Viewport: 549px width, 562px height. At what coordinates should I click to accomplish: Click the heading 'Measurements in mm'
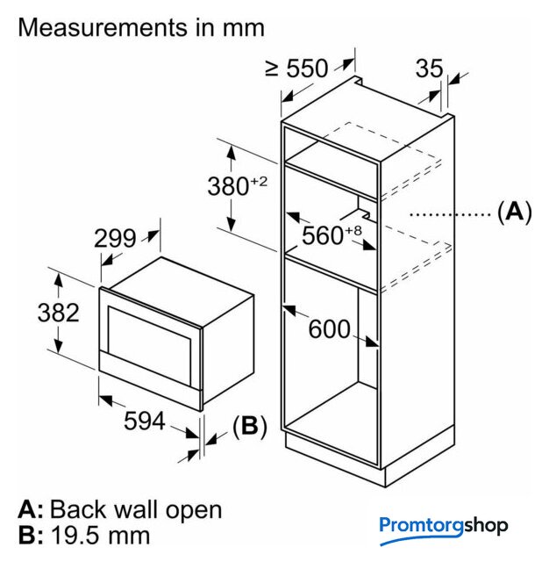point(141,27)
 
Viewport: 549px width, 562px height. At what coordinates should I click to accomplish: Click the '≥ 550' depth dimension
point(296,68)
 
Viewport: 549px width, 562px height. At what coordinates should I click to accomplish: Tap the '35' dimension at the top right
point(430,68)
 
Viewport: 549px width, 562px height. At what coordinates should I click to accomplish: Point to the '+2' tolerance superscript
point(258,181)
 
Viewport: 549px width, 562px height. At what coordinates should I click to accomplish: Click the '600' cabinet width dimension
point(330,329)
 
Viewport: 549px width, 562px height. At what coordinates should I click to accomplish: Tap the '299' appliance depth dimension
point(114,238)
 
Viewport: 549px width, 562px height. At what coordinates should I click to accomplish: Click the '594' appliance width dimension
point(144,421)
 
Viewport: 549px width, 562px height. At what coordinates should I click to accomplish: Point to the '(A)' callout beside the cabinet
point(514,212)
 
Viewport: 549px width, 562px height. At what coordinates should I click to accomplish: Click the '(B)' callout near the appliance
point(249,427)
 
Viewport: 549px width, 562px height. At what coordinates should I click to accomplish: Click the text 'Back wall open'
point(136,509)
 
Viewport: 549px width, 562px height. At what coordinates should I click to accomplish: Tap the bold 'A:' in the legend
point(31,509)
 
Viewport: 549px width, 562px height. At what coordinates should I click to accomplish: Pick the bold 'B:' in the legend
point(31,535)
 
